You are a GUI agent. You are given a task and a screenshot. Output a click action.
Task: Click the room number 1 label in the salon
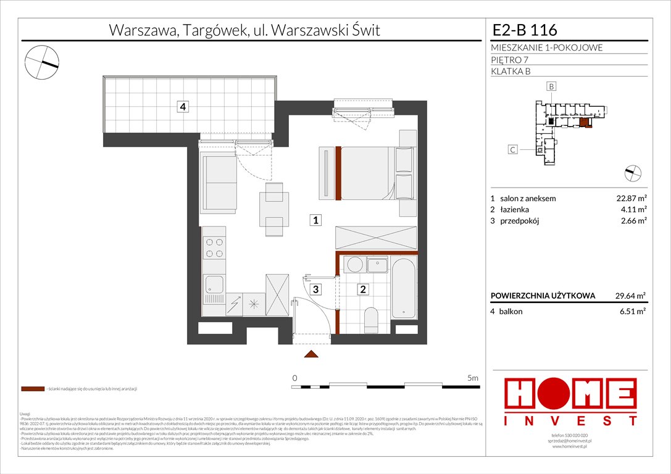pos(315,220)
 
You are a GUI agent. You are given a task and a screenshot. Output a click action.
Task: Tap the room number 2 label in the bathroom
pos(363,288)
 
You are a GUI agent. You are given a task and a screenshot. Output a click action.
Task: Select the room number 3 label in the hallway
pos(315,288)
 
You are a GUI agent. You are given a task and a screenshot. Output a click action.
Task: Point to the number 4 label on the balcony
pos(182,107)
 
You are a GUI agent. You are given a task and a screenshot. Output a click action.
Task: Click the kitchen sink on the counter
pos(214,285)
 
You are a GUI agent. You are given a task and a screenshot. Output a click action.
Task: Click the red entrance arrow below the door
pos(312,354)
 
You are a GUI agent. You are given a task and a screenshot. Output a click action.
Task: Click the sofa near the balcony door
pos(217,177)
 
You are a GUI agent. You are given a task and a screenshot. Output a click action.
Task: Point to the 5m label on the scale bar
pos(473,378)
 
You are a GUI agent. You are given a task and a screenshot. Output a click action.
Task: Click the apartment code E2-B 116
pos(525,30)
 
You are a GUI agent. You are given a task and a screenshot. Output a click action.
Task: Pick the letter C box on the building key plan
pos(512,149)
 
